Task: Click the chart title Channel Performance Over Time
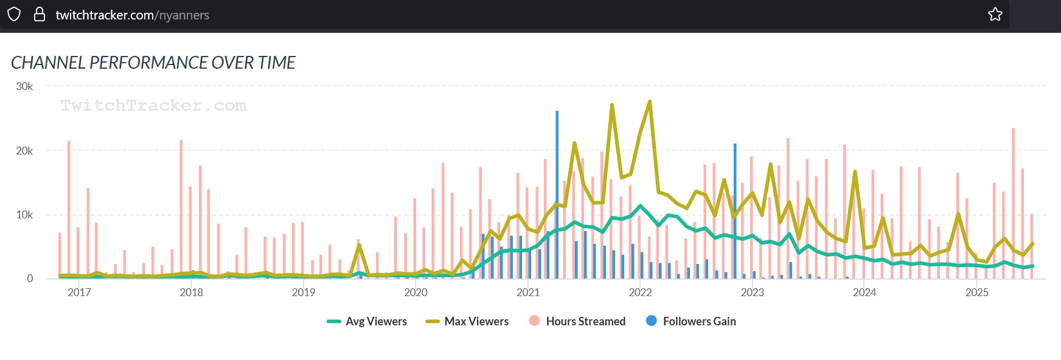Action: [153, 63]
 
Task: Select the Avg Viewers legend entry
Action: [367, 321]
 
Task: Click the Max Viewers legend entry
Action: [467, 321]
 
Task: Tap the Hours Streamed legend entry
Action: [577, 321]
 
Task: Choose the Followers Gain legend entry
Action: [691, 321]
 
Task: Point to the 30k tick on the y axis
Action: [24, 86]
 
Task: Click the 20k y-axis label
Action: [24, 151]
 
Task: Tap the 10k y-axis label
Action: [24, 215]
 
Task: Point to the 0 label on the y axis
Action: [30, 279]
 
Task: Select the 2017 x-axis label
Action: [79, 292]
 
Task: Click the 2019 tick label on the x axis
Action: [304, 292]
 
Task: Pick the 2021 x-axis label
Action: [528, 292]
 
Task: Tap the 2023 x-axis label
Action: [753, 292]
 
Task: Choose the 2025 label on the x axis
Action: [977, 292]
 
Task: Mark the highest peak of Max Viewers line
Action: [650, 102]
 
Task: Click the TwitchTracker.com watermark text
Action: [153, 106]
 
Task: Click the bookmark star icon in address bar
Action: [995, 14]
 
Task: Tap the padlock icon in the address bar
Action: [40, 15]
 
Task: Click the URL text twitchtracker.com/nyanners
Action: [132, 15]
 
